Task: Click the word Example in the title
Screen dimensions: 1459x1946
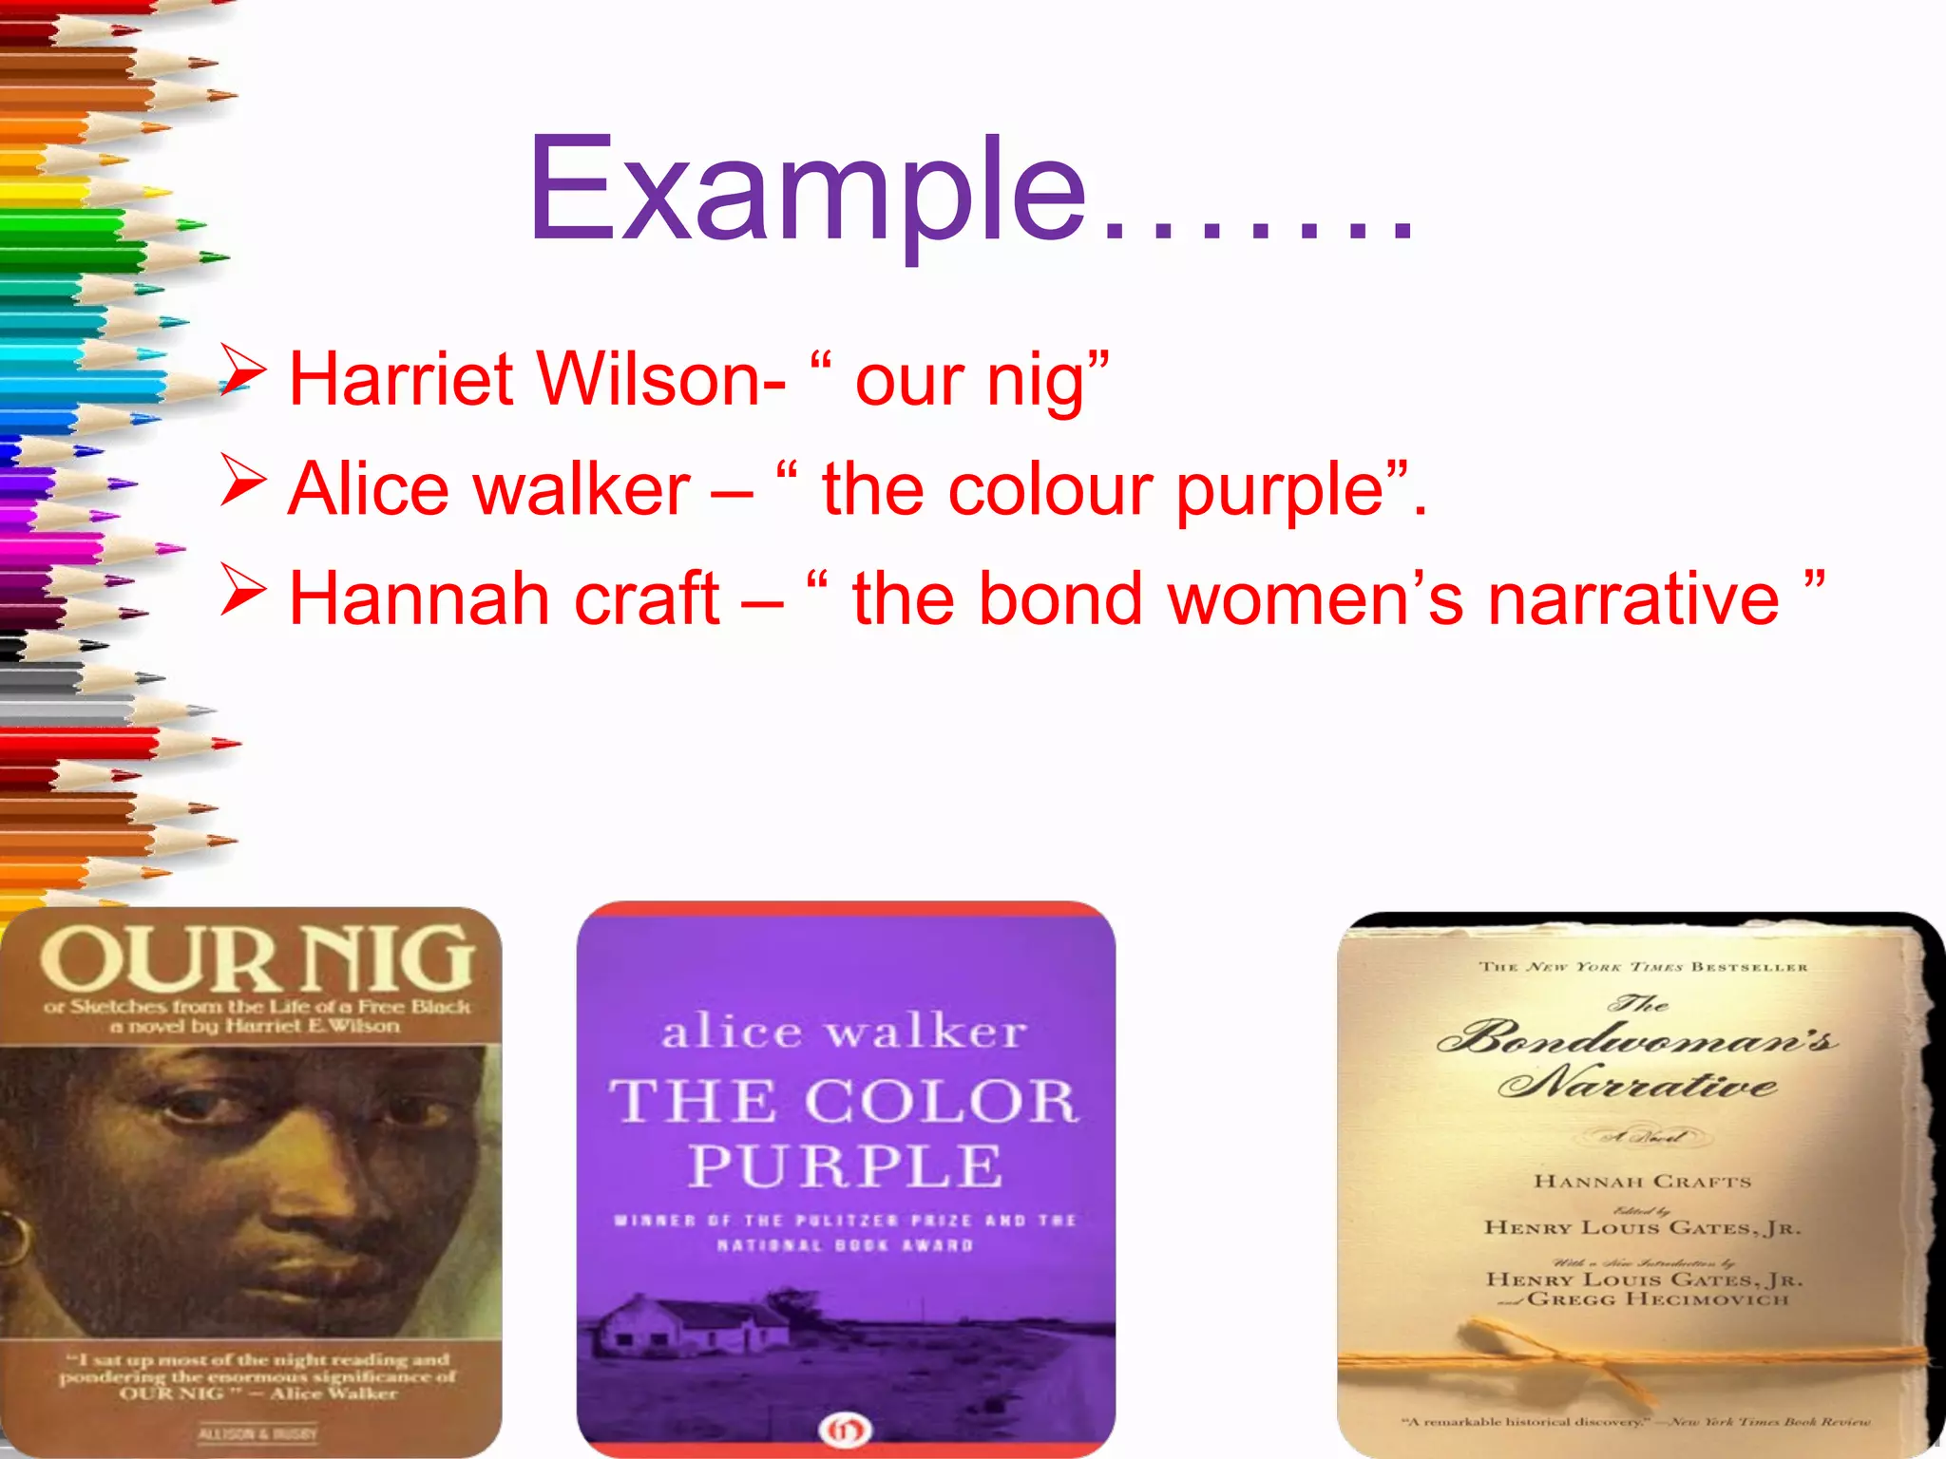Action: click(x=808, y=190)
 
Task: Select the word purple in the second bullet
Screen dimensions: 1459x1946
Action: click(x=1279, y=490)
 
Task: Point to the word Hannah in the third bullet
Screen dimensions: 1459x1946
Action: click(x=417, y=598)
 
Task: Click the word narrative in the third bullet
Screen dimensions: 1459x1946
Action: click(x=1633, y=598)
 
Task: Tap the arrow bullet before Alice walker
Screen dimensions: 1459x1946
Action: click(x=242, y=480)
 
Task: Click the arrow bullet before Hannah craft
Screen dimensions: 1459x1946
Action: click(x=242, y=589)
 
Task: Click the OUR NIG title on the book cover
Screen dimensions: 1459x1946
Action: click(x=257, y=959)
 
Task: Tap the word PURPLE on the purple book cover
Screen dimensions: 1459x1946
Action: click(x=846, y=1165)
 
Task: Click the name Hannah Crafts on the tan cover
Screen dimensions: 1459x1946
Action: click(x=1642, y=1182)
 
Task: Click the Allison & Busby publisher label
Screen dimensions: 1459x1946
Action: click(x=258, y=1433)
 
